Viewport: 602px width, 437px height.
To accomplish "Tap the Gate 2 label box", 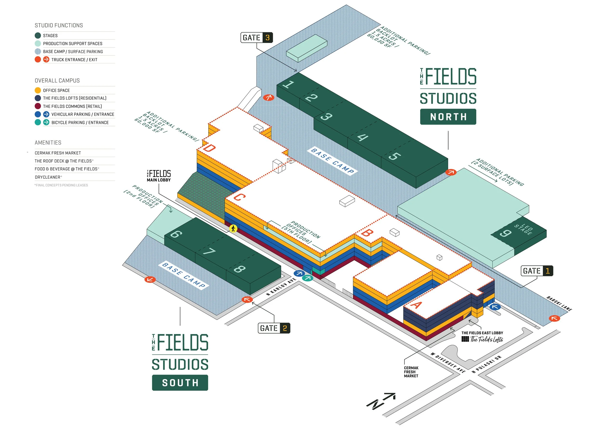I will (274, 328).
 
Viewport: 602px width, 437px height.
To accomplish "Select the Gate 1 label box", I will (537, 271).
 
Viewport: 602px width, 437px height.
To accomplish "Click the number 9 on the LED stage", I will (505, 233).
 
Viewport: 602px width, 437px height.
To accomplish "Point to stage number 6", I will (176, 234).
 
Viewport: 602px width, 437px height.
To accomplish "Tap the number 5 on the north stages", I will (395, 156).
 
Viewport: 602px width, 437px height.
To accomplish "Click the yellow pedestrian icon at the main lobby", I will (233, 229).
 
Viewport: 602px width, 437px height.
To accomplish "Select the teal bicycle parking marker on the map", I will (308, 278).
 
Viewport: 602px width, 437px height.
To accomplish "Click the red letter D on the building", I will (209, 148).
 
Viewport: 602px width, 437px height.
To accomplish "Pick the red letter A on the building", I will (416, 305).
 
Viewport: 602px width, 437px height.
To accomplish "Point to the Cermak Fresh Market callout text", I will (411, 372).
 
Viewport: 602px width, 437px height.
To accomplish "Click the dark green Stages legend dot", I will (38, 36).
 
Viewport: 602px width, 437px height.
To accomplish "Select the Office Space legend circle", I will (38, 90).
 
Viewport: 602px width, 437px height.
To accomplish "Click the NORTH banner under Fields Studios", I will (448, 117).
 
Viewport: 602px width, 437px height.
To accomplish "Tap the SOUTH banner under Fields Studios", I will (180, 383).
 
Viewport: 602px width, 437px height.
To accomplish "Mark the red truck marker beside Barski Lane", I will (554, 318).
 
